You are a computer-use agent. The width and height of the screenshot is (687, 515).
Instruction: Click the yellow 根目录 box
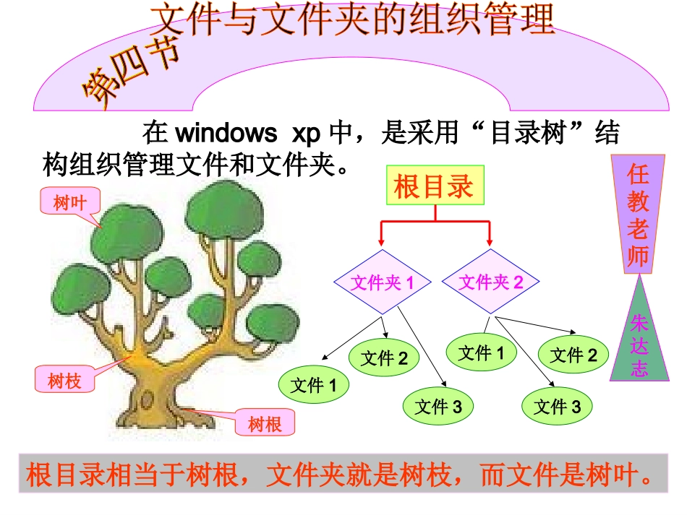click(434, 186)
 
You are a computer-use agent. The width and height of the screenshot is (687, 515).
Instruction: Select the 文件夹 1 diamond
click(383, 282)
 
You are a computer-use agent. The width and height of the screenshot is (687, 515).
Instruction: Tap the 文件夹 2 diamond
click(490, 282)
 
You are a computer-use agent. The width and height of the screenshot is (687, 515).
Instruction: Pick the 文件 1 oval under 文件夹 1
click(314, 386)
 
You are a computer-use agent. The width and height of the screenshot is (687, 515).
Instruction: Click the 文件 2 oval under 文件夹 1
click(384, 358)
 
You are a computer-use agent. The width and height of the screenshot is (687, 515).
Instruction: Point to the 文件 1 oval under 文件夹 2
click(482, 352)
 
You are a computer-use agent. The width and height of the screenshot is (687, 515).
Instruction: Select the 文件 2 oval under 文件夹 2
click(573, 355)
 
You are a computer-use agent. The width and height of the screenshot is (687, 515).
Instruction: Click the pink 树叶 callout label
click(69, 203)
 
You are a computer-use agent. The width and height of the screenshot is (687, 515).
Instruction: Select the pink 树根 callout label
click(265, 424)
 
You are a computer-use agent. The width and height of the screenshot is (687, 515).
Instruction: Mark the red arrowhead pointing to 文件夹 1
click(381, 241)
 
